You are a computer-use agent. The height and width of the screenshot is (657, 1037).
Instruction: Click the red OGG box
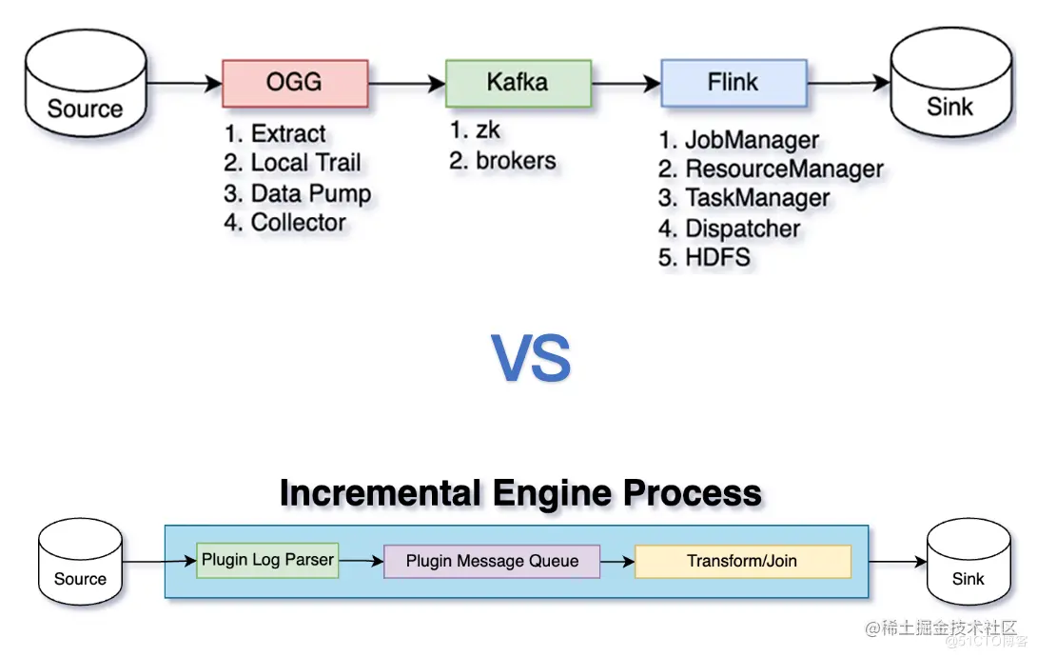295,83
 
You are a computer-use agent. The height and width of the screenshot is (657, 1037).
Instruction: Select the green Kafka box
518,83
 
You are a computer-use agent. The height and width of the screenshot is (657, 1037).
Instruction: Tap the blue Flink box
734,83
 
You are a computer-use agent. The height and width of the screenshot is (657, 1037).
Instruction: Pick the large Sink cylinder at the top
950,91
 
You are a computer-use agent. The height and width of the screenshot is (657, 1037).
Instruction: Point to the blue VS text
532,358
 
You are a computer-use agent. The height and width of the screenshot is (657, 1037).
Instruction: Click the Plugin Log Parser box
267,560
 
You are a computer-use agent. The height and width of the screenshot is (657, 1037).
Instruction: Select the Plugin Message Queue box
492,561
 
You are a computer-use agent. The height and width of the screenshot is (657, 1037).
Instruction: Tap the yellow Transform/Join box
742,561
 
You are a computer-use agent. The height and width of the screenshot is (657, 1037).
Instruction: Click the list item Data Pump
298,194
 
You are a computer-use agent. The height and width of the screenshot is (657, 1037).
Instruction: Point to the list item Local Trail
293,164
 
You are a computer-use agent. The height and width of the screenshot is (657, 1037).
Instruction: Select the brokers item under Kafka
503,161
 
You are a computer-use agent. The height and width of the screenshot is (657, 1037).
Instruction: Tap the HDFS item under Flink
705,257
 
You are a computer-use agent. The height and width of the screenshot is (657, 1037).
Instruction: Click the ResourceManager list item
772,169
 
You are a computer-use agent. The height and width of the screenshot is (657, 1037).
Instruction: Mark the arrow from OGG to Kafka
407,84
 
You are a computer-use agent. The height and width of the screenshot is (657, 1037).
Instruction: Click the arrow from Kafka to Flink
626,84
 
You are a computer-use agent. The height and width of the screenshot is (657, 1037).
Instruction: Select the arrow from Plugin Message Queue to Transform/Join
617,562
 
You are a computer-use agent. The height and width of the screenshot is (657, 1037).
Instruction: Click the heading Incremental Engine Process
520,493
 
